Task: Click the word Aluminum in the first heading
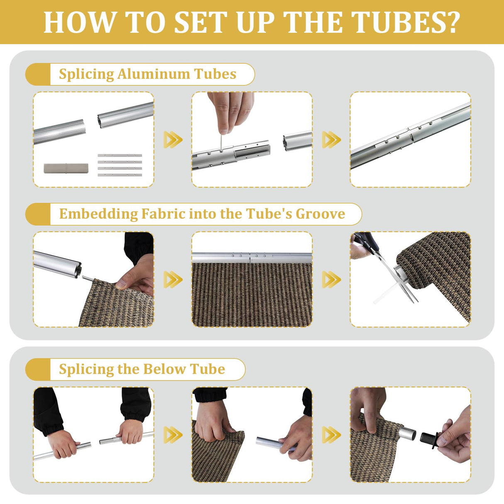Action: pyautogui.click(x=153, y=74)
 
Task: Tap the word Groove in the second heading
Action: pyautogui.click(x=321, y=214)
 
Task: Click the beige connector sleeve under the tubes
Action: pyautogui.click(x=66, y=168)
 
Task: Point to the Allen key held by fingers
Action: pyautogui.click(x=222, y=142)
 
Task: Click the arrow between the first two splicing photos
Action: pyautogui.click(x=173, y=139)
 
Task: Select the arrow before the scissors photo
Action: pyautogui.click(x=331, y=279)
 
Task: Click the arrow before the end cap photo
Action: pyautogui.click(x=331, y=435)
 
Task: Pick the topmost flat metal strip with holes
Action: pyautogui.click(x=120, y=155)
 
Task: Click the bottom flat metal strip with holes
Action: pyautogui.click(x=120, y=175)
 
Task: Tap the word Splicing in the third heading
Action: pyautogui.click(x=86, y=369)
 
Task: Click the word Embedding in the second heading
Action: pyautogui.click(x=98, y=214)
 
